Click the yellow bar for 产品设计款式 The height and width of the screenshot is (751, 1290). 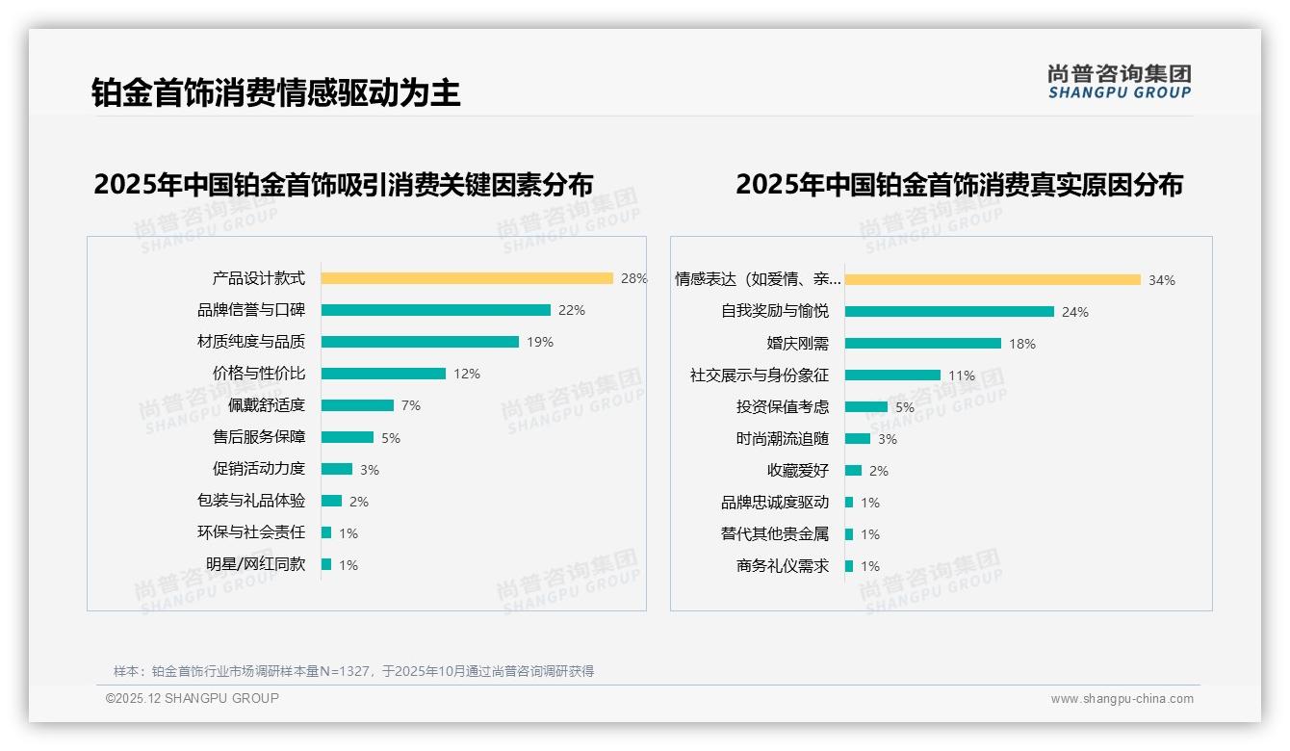(467, 278)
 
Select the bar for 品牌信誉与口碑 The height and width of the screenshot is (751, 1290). (436, 310)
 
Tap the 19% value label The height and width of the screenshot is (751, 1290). (539, 342)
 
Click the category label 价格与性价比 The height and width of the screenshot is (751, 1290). (258, 374)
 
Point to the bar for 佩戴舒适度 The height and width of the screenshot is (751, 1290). (357, 405)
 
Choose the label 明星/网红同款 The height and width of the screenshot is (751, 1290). (255, 564)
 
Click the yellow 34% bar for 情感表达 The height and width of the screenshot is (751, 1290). (993, 280)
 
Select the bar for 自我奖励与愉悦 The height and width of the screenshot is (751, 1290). (949, 312)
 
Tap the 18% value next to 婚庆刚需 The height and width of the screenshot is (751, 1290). (1021, 344)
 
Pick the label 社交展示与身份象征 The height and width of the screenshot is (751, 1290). (759, 375)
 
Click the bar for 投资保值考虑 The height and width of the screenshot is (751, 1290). (866, 407)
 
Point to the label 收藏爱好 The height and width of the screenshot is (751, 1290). (797, 471)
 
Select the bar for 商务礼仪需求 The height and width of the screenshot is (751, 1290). (849, 566)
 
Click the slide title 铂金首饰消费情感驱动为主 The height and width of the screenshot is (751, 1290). (275, 92)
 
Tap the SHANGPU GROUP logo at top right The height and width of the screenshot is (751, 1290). (1119, 82)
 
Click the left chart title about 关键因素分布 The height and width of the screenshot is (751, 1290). (343, 184)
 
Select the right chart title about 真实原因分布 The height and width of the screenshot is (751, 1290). (959, 184)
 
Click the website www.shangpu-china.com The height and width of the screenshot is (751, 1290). (1122, 699)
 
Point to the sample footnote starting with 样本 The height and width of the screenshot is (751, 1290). (353, 671)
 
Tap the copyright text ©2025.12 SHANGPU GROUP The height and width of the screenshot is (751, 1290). (193, 698)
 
